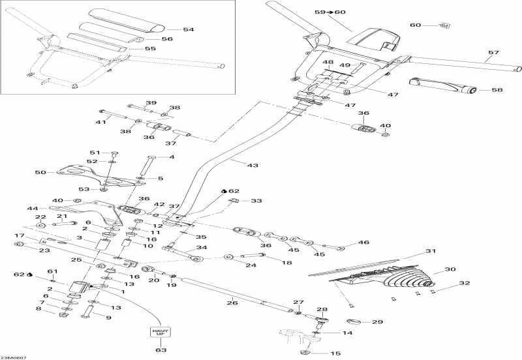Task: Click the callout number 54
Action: click(x=189, y=30)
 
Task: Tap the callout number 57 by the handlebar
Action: click(x=493, y=52)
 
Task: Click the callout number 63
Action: click(x=161, y=351)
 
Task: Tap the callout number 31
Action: click(x=430, y=252)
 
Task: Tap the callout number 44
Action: click(x=32, y=208)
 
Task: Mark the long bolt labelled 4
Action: click(x=144, y=166)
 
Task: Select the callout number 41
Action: click(x=100, y=122)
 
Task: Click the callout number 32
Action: click(x=446, y=284)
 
